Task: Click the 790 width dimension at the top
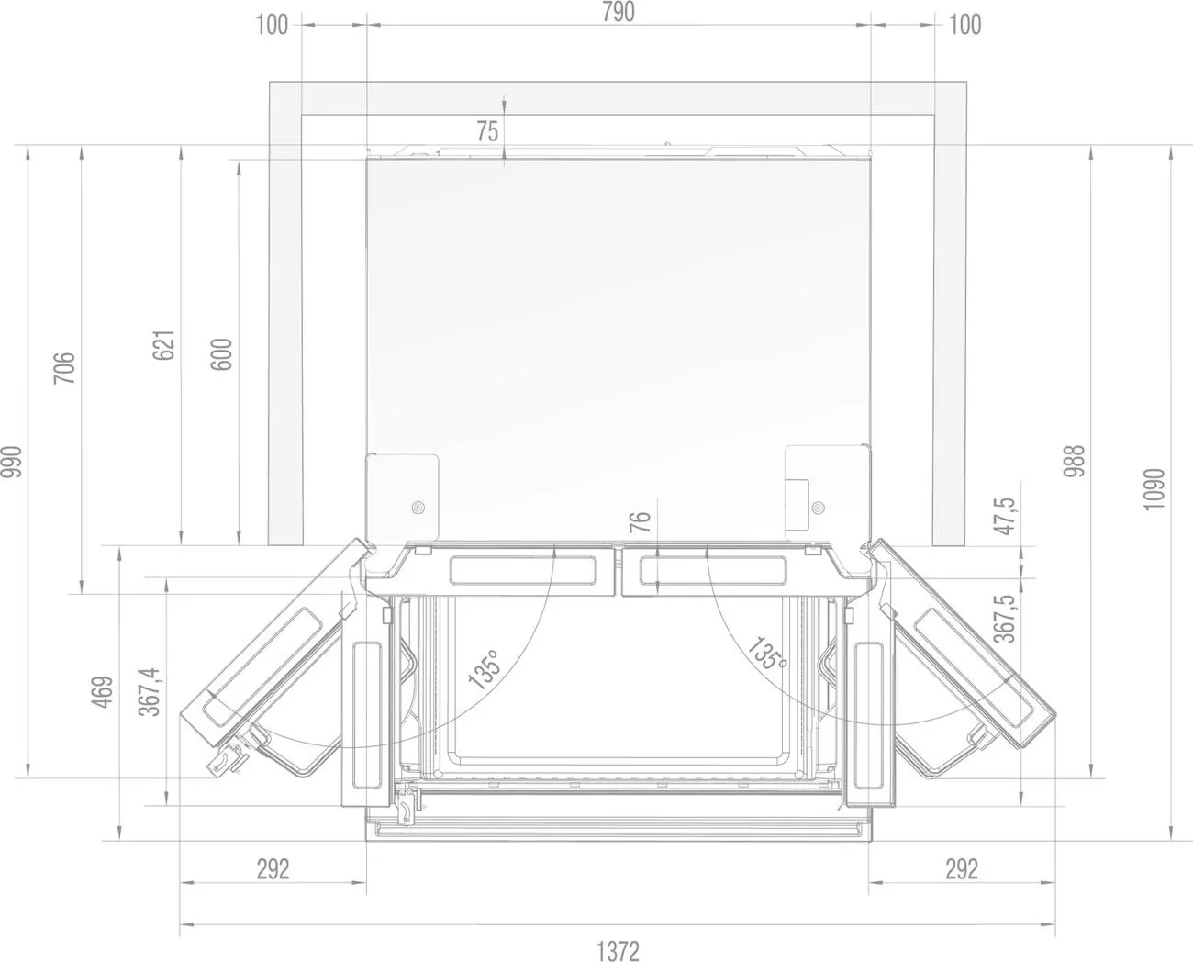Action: click(619, 12)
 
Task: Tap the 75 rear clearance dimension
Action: click(487, 131)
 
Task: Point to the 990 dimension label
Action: click(12, 462)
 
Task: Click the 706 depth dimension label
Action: click(63, 368)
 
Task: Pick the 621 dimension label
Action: click(163, 345)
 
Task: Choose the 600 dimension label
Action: click(222, 353)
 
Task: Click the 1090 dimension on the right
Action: click(1154, 489)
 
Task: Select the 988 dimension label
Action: click(1074, 461)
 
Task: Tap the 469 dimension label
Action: click(102, 691)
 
